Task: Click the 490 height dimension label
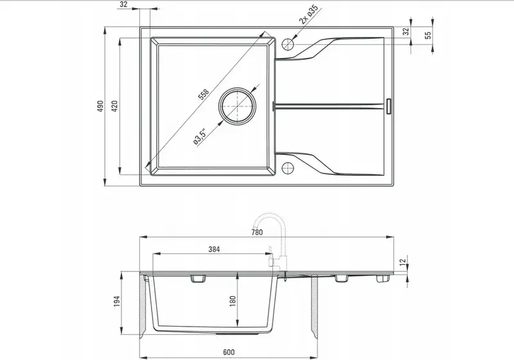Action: point(100,106)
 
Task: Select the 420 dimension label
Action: point(114,106)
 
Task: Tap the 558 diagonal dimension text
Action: point(203,94)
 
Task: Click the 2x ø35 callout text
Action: point(309,15)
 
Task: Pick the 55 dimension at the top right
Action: point(428,35)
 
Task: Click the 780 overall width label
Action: point(257,232)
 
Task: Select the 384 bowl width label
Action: point(214,249)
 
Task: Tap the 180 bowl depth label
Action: point(233,301)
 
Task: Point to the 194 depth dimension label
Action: point(117,301)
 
